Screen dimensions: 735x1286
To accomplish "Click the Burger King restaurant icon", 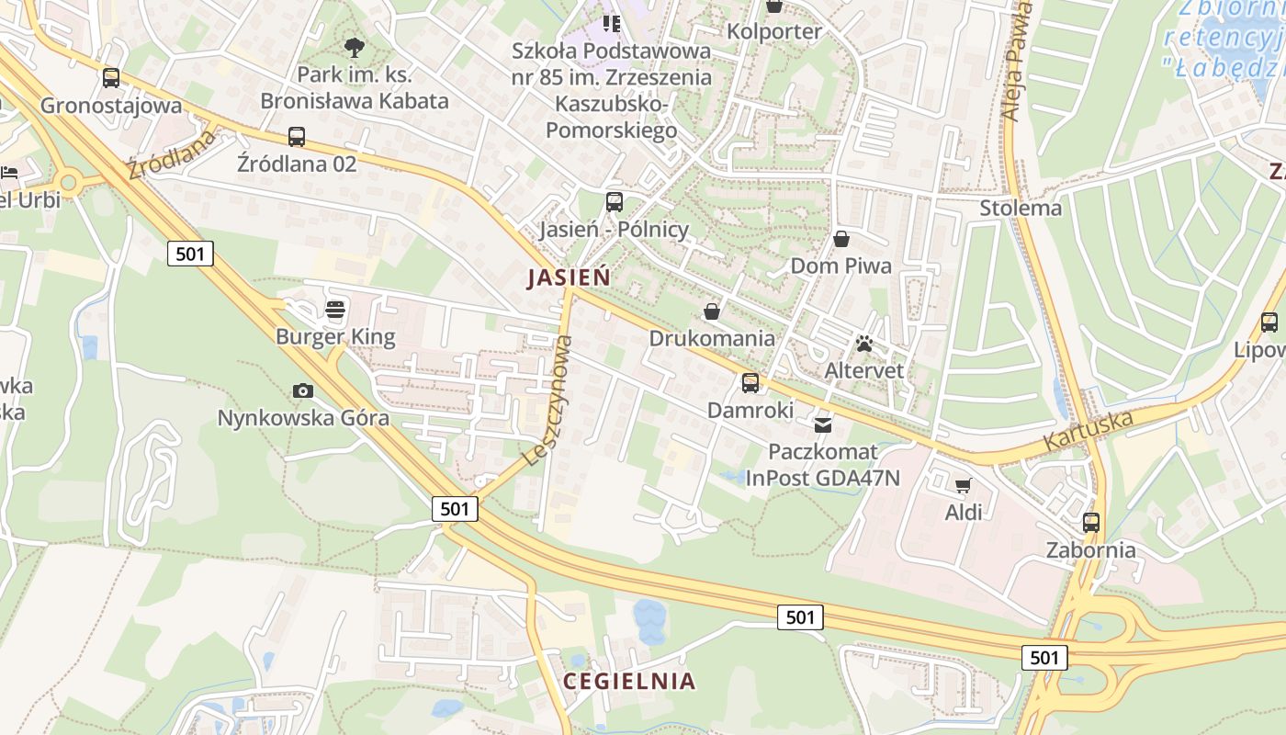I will coord(335,309).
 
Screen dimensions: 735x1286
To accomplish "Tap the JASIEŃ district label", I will coord(569,277).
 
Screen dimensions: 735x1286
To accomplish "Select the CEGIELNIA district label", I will coord(629,681).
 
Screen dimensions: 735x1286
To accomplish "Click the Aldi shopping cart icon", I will coord(963,485).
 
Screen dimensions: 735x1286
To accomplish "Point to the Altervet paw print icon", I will coord(863,344).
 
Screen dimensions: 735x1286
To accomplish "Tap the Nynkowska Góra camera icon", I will coord(302,390).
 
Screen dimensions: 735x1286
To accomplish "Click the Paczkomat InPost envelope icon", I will coord(823,424).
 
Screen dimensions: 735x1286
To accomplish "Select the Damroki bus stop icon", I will coord(750,383).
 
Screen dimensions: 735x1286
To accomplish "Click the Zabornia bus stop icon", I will coord(1090,523).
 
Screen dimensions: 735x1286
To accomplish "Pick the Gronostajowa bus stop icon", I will coord(111,78).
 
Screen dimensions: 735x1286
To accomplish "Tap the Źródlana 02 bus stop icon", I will coord(296,137).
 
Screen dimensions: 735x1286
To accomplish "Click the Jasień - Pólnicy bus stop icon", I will coord(614,202).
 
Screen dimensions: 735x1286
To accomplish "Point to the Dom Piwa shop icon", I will coord(841,240).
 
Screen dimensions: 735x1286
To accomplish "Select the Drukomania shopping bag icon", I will coord(711,311).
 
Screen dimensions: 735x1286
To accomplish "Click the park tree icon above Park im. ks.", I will coord(354,48).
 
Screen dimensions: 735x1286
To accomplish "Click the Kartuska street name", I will coord(1088,430).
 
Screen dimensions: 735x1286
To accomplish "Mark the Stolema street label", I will coord(1021,208).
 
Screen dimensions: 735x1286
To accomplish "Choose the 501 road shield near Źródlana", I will coord(190,254).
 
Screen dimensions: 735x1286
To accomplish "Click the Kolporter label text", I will coord(774,31).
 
